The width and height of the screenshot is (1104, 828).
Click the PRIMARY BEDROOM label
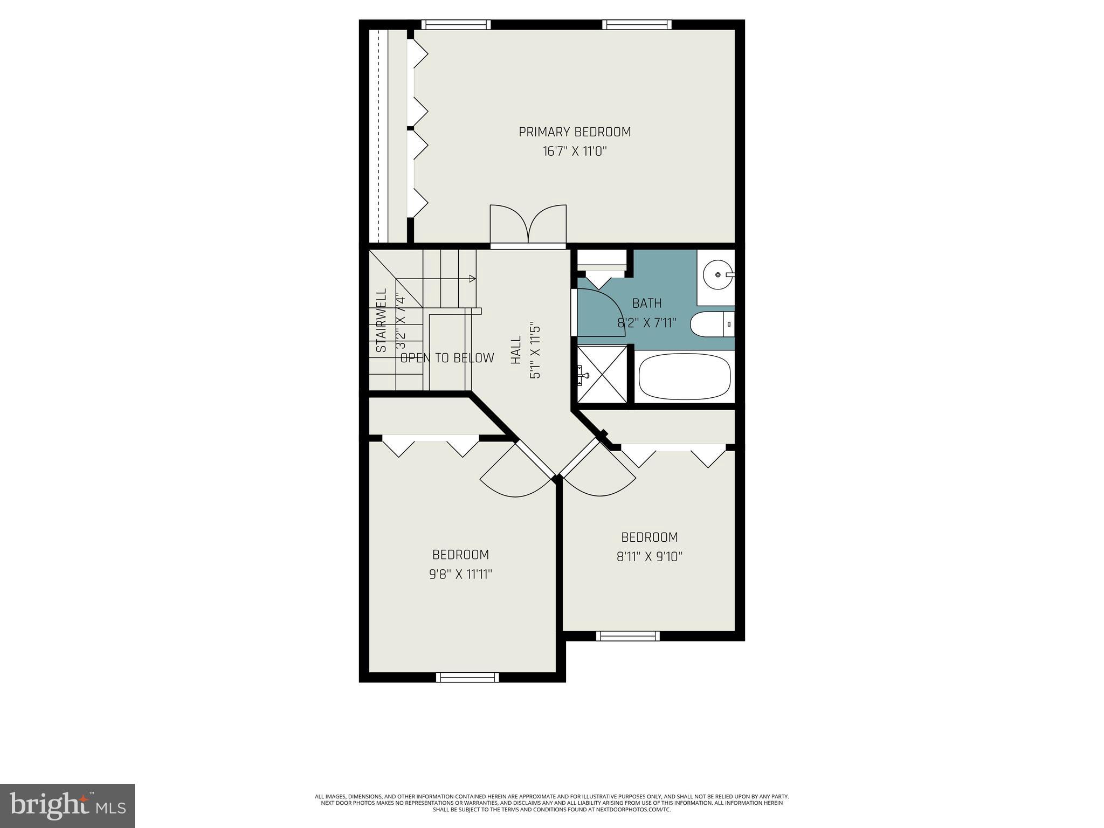(575, 132)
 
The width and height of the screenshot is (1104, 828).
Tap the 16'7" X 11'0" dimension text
(575, 151)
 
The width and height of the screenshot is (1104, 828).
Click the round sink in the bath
(719, 274)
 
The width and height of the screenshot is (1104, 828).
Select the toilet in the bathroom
(712, 324)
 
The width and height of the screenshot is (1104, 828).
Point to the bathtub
(685, 376)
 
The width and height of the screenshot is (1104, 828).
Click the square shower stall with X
(602, 374)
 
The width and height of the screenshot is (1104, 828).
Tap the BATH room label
(647, 303)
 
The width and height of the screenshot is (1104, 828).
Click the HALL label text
(516, 350)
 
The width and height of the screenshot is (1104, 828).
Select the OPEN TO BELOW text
(447, 358)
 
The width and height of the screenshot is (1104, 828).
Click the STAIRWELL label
(381, 321)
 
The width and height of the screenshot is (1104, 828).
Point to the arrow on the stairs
(472, 279)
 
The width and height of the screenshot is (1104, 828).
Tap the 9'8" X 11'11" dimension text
(461, 575)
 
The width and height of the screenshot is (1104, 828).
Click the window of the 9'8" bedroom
(467, 677)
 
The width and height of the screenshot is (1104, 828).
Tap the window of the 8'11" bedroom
(627, 636)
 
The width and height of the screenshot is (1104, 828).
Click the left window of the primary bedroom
(456, 24)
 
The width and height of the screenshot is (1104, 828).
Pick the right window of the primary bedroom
(637, 24)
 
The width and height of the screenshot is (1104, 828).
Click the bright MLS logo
(67, 805)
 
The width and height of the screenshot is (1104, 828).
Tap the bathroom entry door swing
(599, 313)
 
